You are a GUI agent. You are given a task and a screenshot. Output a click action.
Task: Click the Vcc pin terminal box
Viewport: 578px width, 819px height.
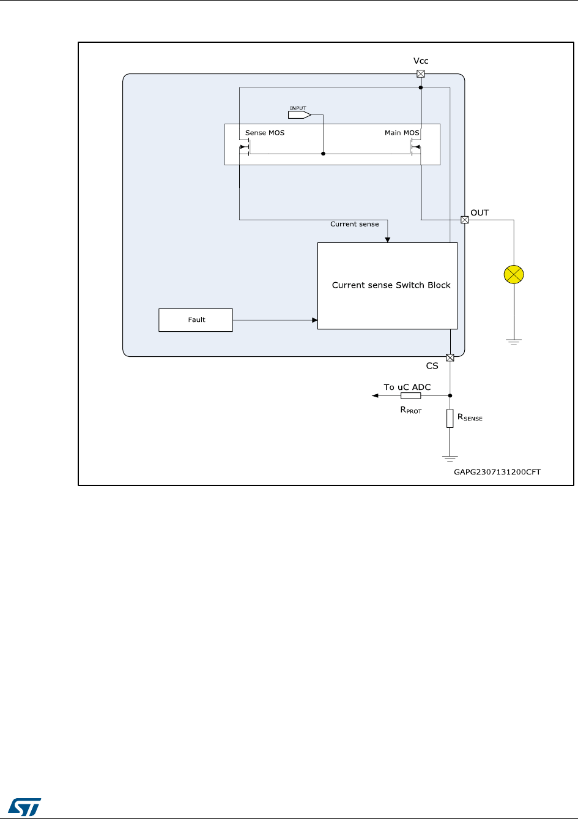click(x=421, y=74)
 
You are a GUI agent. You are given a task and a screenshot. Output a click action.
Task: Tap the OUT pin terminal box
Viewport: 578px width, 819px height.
click(x=464, y=220)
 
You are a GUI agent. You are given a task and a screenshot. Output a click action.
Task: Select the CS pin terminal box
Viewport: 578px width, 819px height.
click(x=450, y=357)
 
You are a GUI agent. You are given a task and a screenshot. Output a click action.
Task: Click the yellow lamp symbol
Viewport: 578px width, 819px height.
click(x=514, y=275)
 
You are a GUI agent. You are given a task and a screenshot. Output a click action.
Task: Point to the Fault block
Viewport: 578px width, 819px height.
click(x=196, y=320)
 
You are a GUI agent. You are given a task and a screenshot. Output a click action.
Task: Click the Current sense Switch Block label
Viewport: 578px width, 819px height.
click(x=391, y=285)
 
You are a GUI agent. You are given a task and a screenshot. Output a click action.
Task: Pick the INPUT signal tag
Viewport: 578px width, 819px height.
click(x=299, y=114)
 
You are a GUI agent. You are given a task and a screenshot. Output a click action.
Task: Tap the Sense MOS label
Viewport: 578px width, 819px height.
click(x=264, y=133)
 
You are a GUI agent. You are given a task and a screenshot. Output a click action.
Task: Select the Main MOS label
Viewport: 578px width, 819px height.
click(x=402, y=133)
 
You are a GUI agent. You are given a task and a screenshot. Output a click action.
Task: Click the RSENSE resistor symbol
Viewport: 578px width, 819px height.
click(x=450, y=419)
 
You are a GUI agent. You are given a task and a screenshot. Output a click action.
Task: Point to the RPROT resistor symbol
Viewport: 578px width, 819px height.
click(x=410, y=396)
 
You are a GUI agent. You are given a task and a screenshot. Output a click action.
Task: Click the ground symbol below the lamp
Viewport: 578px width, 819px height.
click(x=514, y=342)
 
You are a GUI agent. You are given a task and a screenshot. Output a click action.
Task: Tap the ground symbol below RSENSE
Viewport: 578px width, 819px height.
click(x=450, y=458)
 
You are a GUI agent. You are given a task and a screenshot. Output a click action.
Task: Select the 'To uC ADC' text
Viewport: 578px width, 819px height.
click(x=407, y=387)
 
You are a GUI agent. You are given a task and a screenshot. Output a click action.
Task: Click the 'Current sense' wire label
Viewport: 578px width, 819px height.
click(x=354, y=224)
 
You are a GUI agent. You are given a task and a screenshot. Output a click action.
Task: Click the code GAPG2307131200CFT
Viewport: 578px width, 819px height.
click(x=497, y=472)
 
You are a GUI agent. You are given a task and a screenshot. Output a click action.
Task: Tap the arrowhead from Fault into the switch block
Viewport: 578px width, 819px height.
click(x=314, y=320)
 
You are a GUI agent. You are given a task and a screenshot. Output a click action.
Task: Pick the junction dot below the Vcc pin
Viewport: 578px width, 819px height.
click(x=421, y=88)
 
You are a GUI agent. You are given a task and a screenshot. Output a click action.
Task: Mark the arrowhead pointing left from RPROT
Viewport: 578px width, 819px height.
click(x=375, y=396)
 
